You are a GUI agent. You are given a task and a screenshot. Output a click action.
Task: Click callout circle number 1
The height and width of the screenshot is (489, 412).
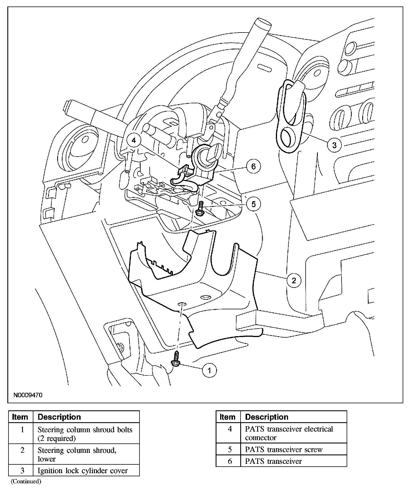click(209, 370)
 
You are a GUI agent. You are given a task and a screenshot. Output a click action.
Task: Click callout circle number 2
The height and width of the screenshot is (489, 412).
click(294, 280)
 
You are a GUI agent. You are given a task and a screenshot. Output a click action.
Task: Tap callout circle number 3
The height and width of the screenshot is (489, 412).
click(334, 145)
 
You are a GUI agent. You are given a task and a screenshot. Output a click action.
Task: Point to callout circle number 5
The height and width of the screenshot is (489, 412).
click(253, 204)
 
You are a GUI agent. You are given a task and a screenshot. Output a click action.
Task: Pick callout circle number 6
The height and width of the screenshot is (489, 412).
click(253, 166)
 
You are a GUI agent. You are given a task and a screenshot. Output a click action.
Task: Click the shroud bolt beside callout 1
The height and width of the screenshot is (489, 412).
click(175, 359)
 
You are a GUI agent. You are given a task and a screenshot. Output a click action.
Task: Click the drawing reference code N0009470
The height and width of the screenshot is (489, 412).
click(27, 395)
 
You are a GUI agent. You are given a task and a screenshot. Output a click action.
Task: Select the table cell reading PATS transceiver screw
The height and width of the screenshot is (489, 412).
click(284, 449)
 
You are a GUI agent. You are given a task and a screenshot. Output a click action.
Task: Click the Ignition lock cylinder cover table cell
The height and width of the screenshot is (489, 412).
click(83, 471)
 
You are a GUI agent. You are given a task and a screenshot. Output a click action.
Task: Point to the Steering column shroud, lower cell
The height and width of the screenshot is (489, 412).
click(77, 454)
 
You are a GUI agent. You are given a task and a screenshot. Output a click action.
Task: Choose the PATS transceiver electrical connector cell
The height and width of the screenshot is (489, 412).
click(289, 433)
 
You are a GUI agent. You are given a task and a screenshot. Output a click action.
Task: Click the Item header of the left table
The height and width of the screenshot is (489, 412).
click(20, 417)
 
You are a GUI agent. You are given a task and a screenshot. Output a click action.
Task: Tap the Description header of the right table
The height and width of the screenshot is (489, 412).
click(267, 417)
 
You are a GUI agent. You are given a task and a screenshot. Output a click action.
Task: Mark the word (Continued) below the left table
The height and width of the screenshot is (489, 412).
click(26, 481)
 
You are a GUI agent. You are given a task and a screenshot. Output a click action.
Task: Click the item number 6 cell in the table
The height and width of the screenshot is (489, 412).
click(229, 461)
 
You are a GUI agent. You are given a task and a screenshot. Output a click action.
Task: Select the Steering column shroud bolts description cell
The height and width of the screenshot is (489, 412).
click(85, 434)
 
